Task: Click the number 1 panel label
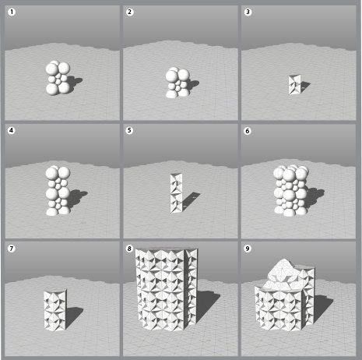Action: coord(12,12)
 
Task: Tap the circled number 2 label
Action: coord(129,12)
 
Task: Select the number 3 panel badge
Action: coord(248,12)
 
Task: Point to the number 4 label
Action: coord(12,130)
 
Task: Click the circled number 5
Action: coord(129,130)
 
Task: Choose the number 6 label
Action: coord(248,131)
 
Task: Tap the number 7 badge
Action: coord(12,249)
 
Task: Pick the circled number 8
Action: coord(129,249)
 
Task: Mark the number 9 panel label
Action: coord(248,249)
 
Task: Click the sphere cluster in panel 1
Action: coord(58,78)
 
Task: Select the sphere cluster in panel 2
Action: coord(177,83)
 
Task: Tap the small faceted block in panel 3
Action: coord(295,84)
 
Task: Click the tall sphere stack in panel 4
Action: coord(58,190)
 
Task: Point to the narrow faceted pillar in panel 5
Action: coord(177,193)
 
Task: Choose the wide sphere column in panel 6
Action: coord(291,190)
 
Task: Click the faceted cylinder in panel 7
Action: coord(55,310)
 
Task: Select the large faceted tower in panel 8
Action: coord(167,289)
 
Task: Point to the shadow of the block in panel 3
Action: coord(305,86)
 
